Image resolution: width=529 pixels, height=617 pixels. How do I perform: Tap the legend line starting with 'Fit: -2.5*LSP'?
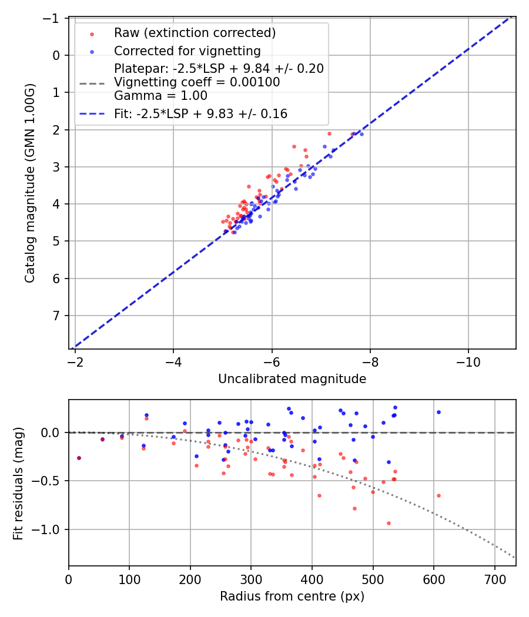[x=200, y=114]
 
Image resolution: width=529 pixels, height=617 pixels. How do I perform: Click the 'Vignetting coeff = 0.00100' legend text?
[x=197, y=82]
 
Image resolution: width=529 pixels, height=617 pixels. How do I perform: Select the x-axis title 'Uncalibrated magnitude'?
[x=292, y=379]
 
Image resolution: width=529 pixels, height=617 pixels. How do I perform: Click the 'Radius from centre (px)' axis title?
[x=292, y=596]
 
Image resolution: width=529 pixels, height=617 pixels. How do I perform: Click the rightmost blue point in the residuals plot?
[x=438, y=412]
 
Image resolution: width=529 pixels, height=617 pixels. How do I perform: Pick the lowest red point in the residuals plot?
[x=389, y=523]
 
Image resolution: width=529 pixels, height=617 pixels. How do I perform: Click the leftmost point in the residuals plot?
[x=79, y=458]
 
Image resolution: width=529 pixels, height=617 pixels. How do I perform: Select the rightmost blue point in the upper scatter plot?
[x=361, y=134]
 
